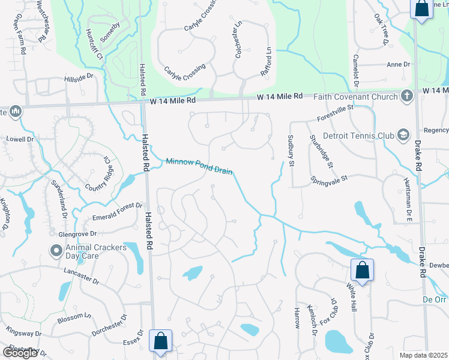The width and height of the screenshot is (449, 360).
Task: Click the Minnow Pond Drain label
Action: (199, 166)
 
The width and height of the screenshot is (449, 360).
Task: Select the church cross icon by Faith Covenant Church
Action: (406, 96)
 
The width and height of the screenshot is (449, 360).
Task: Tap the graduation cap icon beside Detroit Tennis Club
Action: (402, 135)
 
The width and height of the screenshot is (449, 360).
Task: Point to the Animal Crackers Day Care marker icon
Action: (56, 250)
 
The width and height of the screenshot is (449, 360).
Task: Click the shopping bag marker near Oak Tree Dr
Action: (421, 8)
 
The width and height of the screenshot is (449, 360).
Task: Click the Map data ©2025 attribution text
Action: (421, 355)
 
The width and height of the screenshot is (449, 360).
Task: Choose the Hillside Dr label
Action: (79, 77)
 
